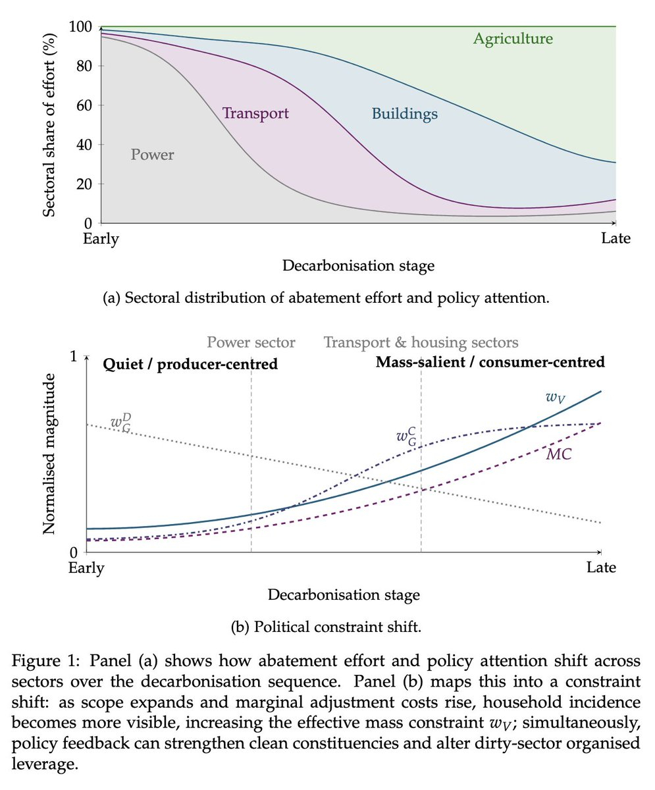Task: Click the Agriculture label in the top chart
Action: tap(513, 39)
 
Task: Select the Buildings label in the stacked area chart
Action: tap(404, 114)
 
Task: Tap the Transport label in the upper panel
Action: tap(255, 113)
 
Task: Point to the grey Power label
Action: tap(152, 155)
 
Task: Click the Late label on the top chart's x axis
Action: tap(616, 238)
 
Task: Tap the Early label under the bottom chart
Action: tap(86, 567)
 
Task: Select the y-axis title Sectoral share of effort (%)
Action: tap(49, 124)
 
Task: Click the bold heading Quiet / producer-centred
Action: tap(190, 363)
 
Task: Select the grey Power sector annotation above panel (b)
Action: tap(251, 342)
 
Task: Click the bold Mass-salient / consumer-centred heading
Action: tap(490, 362)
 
